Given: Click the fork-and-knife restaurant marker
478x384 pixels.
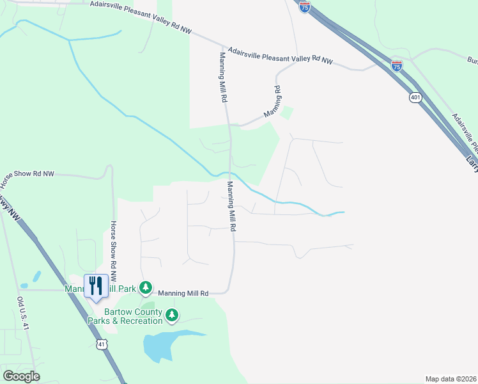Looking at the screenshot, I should (96, 285).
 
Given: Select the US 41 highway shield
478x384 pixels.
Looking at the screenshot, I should (102, 345).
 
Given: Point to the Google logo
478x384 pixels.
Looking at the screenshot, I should (22, 376).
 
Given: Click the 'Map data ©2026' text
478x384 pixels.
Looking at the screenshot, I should (451, 379).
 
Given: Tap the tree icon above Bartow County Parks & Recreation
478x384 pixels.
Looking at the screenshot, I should (171, 314).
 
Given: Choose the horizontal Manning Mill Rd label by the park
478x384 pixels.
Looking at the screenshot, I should (183, 293).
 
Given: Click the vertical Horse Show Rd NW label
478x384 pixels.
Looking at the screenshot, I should (113, 252).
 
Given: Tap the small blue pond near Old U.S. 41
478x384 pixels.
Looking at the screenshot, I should (36, 277).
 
